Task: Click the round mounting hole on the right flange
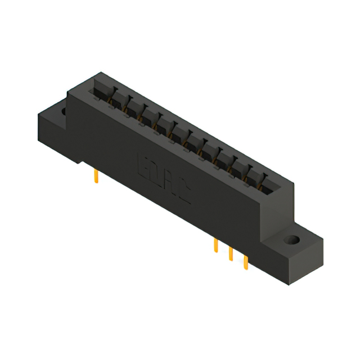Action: pos(291,241)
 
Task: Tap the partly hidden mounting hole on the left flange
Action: pos(62,111)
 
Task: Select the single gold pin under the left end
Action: pos(96,178)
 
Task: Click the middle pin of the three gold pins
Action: pos(231,253)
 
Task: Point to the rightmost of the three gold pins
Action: pos(245,260)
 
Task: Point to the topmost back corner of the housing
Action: pos(100,73)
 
